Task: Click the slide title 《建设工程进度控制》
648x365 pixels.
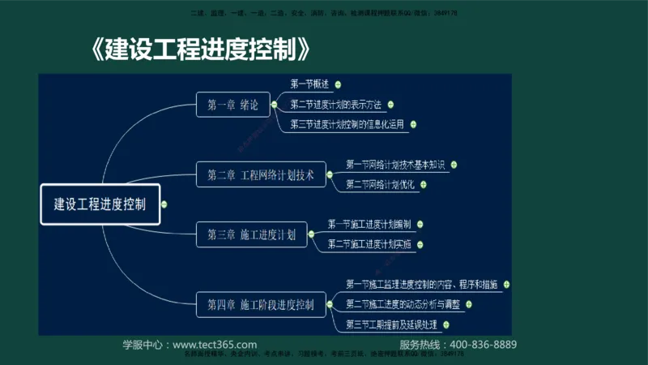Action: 202,50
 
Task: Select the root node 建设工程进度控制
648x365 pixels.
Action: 100,205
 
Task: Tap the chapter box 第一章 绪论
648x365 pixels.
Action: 232,104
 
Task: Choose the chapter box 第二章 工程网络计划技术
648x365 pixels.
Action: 260,174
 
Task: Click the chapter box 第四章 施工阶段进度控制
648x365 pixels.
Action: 260,305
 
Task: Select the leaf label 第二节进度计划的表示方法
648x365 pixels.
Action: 335,105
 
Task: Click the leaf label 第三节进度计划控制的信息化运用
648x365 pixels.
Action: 348,125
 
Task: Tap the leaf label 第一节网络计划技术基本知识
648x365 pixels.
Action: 395,165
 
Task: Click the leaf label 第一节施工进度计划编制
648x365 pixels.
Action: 369,224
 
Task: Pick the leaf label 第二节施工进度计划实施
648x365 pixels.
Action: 369,244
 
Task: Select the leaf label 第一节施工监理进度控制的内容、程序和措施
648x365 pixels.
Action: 421,285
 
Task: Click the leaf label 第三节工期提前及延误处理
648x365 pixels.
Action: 391,325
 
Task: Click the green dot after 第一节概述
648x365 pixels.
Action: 337,84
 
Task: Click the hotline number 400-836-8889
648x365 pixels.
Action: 483,345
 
